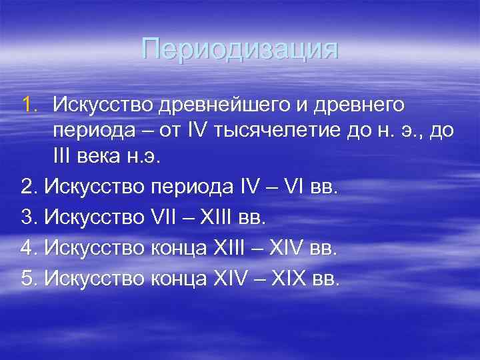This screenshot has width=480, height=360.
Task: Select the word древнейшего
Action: coord(216,105)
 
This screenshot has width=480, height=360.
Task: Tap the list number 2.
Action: coord(28,187)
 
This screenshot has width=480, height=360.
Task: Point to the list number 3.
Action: coord(28,218)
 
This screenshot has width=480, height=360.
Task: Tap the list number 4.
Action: coord(28,249)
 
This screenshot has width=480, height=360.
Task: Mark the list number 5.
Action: coord(28,279)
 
